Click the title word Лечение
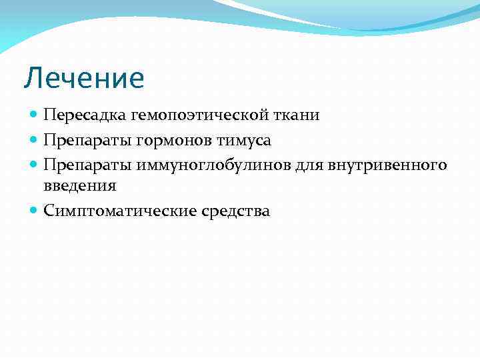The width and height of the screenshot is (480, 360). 84,78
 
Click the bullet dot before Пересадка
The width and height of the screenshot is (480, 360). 35,115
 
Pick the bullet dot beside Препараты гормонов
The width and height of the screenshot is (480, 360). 35,140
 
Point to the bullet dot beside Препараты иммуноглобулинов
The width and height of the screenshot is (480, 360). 35,164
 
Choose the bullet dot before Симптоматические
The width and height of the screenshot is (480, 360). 35,211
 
